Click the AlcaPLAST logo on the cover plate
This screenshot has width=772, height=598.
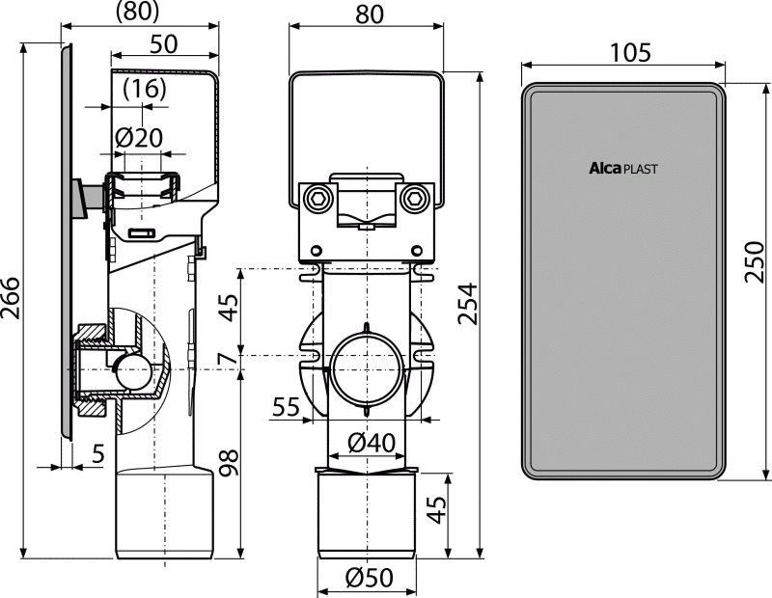click(623, 169)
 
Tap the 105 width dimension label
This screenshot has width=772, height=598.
click(631, 53)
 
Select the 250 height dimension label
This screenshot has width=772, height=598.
click(754, 261)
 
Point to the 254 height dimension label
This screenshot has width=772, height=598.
click(467, 303)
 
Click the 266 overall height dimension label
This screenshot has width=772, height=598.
click(11, 298)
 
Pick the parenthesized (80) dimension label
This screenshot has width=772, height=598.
click(137, 11)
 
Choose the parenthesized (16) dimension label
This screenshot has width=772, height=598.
click(144, 89)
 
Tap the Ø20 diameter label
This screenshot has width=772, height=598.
click(138, 138)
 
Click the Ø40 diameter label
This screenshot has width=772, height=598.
click(372, 443)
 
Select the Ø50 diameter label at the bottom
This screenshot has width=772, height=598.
click(370, 578)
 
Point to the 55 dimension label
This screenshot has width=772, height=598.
click(286, 407)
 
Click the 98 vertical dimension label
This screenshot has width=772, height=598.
click(229, 463)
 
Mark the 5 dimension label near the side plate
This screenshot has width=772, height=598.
click(98, 453)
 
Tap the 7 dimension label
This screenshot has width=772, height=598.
click(228, 358)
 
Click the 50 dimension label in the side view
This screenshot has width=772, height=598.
click(163, 44)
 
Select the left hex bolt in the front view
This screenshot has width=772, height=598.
click(316, 198)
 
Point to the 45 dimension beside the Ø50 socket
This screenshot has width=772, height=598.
click(436, 509)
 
